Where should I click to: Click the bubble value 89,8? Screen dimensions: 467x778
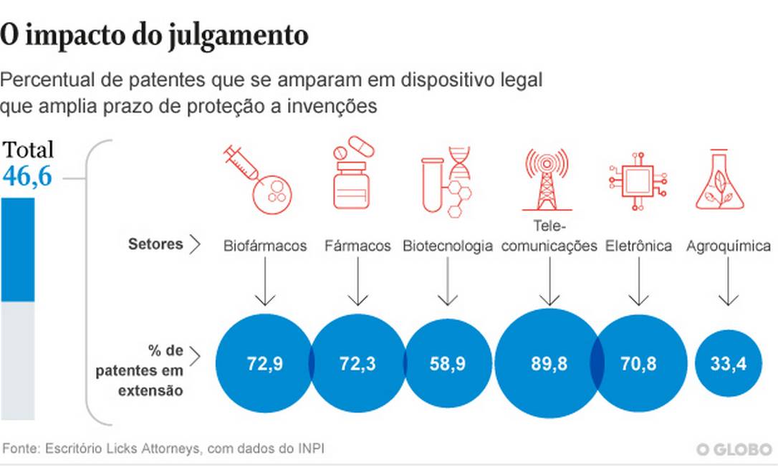549,364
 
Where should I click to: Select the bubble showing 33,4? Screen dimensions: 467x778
728,364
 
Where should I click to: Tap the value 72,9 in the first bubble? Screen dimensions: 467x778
264,364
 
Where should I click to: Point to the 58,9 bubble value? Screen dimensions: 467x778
448,364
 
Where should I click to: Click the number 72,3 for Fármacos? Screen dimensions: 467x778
357,364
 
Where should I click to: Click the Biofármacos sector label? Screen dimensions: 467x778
265,246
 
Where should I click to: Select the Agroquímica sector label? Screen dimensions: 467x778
729,246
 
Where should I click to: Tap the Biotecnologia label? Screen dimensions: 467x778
448,246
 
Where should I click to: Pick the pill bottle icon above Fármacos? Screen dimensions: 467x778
352,175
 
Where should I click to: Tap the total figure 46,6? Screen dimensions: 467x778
28,175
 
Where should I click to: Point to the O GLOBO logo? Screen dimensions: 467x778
734,449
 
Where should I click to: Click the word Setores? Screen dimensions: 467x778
155,244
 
